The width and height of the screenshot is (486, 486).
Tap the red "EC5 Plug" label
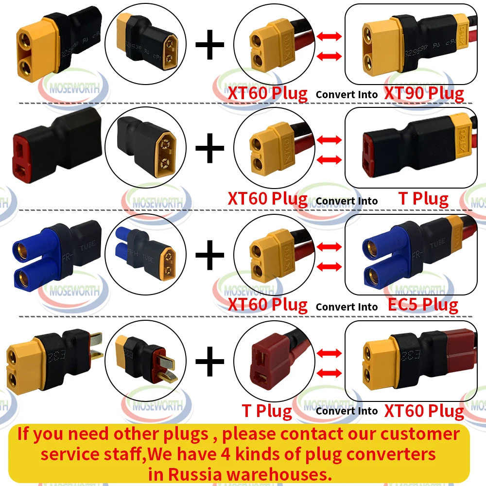(x=423, y=305)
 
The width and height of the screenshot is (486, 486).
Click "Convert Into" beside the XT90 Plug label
(x=347, y=94)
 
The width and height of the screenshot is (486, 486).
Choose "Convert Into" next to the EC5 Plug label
(x=347, y=307)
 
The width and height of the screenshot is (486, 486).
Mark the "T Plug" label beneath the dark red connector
(x=267, y=411)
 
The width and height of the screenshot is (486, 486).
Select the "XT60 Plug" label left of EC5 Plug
(x=267, y=305)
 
